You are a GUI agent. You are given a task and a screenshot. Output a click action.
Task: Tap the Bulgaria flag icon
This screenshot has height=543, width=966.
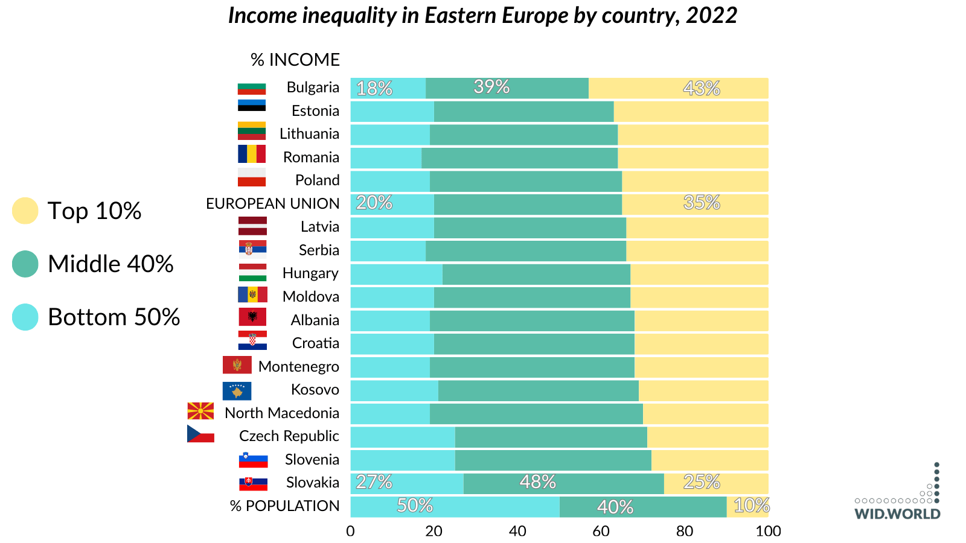coord(252,88)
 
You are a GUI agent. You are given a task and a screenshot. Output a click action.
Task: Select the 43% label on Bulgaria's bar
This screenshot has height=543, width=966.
coord(702,89)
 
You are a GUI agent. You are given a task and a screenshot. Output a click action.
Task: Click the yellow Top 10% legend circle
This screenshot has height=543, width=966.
coord(25,211)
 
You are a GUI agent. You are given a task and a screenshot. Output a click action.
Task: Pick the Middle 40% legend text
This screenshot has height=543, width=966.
coord(110,264)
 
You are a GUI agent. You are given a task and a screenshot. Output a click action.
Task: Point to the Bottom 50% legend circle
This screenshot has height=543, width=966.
coord(25,317)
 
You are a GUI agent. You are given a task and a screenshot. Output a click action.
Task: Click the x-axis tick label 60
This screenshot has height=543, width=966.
coord(601,531)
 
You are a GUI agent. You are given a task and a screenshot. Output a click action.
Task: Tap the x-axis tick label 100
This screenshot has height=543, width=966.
coord(768,531)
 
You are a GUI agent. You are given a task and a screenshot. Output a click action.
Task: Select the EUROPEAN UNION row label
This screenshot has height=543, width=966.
coord(273,204)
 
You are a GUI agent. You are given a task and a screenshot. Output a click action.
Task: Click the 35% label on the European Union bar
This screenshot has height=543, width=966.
coord(702,203)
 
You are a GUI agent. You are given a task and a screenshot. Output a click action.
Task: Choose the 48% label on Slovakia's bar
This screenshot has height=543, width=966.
coord(537,482)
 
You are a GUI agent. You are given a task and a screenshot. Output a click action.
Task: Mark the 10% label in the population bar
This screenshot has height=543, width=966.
coord(751,506)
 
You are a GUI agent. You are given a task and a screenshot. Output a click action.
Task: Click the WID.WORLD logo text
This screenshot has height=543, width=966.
coord(897,514)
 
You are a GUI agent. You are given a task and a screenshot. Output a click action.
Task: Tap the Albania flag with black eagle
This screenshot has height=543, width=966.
coord(252,317)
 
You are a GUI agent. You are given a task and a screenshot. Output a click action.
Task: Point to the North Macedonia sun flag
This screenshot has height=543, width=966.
coord(200,411)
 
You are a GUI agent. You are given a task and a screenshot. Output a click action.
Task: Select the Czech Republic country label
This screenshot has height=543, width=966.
coord(289,436)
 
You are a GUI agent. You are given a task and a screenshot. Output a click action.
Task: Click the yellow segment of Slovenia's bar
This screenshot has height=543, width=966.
coord(709,460)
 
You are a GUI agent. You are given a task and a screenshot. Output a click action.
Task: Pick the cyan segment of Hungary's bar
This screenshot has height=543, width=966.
coord(396,275)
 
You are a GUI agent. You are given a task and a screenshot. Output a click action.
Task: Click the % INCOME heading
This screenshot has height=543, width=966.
coord(295,60)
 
